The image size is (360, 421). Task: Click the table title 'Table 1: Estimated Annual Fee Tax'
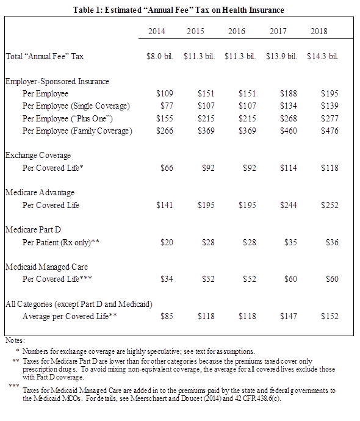[x=178, y=10]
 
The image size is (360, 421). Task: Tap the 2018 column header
[x=319, y=31]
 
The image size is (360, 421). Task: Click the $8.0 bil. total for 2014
[x=160, y=56]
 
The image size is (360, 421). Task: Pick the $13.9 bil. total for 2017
[x=281, y=56]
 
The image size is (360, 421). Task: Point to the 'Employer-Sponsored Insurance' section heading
[x=57, y=81]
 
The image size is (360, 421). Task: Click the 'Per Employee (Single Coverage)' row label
[x=76, y=106]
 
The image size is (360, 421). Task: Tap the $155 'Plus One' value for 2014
[x=165, y=118]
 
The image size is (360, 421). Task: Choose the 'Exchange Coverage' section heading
[x=38, y=155]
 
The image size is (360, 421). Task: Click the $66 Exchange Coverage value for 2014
[x=167, y=168]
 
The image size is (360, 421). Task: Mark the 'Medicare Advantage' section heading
[x=40, y=193]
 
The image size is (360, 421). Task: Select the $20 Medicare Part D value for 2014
[x=167, y=242]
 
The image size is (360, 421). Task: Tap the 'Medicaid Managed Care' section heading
[x=46, y=267]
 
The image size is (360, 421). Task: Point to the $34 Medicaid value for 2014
[x=167, y=279]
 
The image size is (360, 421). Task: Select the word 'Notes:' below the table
[x=15, y=339]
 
